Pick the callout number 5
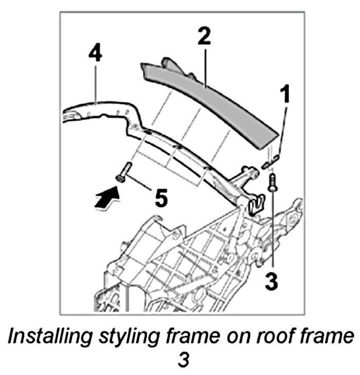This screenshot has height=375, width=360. [161, 198]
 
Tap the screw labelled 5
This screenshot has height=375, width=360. [124, 172]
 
